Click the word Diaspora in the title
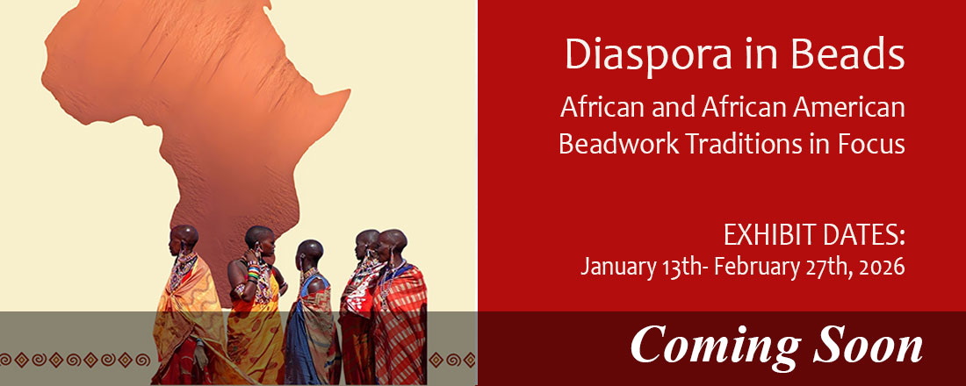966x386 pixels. (649, 54)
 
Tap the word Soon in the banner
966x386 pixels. (868, 345)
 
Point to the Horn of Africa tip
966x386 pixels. (350, 92)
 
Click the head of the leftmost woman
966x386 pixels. (184, 236)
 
